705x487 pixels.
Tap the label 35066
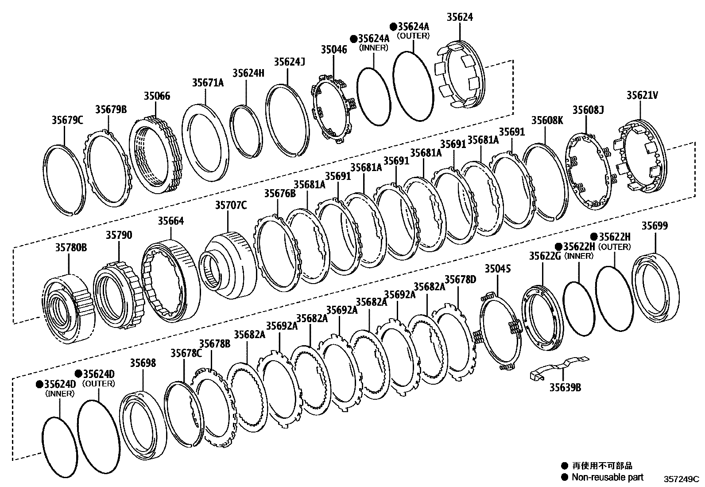[x=157, y=96]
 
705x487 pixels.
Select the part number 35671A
[x=208, y=82]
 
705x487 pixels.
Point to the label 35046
[x=334, y=49]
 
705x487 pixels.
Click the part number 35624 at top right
[x=459, y=17]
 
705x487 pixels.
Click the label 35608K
[x=547, y=120]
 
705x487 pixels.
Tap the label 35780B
[x=71, y=247]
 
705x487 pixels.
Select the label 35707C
[x=231, y=205]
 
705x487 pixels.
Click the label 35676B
[x=279, y=193]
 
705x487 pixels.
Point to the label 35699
[x=655, y=226]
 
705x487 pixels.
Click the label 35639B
[x=565, y=387]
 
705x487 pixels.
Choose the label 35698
[x=143, y=363]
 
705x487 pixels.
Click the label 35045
[x=497, y=269]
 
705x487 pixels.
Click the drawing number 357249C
[x=680, y=479]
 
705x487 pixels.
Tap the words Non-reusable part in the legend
[x=607, y=477]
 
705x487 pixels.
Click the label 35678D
[x=460, y=279]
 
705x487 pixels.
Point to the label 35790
[x=118, y=235]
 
